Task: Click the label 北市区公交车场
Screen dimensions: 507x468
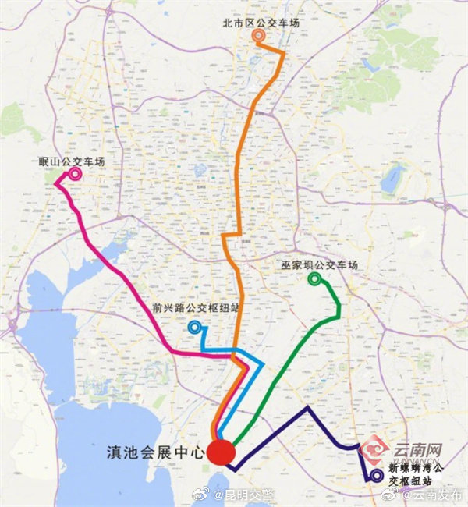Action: (x=261, y=23)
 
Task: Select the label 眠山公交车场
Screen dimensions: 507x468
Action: (x=71, y=161)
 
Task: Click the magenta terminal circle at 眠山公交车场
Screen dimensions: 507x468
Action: (x=75, y=174)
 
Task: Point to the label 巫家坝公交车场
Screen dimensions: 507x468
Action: (x=320, y=266)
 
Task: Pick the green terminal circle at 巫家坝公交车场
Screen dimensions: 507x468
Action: (x=314, y=278)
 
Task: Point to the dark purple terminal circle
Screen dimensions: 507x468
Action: (x=377, y=474)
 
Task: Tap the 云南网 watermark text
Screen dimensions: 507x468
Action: (x=417, y=451)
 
